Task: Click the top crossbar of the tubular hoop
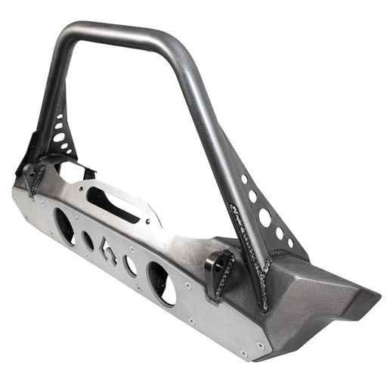click(x=121, y=33)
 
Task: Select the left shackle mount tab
click(x=34, y=175)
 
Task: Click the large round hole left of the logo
click(x=66, y=227)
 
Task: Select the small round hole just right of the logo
click(x=130, y=265)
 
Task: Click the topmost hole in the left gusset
click(x=61, y=118)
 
